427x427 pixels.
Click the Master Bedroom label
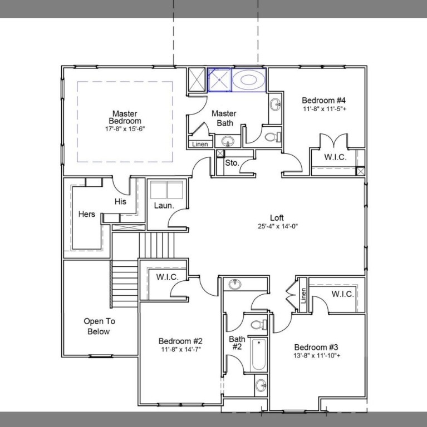(x=125, y=117)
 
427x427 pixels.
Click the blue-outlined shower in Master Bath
(x=219, y=80)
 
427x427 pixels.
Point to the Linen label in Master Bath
(x=200, y=145)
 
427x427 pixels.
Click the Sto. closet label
(x=232, y=163)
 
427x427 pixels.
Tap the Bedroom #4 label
(x=324, y=100)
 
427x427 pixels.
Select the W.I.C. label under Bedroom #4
(x=335, y=157)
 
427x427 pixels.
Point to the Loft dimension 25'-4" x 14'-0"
(x=278, y=226)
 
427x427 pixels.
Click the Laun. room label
(x=164, y=205)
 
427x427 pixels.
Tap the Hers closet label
(x=86, y=214)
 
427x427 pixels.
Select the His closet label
(x=121, y=201)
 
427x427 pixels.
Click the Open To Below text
(x=97, y=326)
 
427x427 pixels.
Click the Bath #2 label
(x=237, y=342)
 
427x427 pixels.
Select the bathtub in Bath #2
(x=258, y=354)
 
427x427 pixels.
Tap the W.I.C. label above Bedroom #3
(x=342, y=294)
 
